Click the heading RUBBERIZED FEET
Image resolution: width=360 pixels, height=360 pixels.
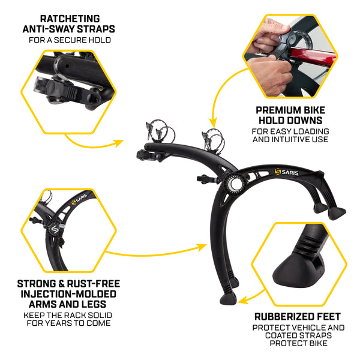298,316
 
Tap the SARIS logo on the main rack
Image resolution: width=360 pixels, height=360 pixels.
288,172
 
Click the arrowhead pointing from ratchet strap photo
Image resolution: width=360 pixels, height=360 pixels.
120,143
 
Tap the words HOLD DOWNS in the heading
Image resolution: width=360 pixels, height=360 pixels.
290,121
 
